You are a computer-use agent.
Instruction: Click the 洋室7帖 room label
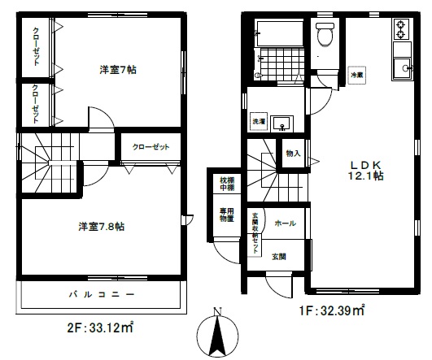tap(119, 70)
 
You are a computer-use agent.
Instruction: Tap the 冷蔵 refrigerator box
tap(356, 73)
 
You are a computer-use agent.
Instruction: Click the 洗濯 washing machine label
tap(258, 122)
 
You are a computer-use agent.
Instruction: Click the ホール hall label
tap(285, 223)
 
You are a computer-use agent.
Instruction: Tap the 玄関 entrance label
tap(278, 257)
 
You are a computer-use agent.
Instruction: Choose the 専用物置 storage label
tap(227, 214)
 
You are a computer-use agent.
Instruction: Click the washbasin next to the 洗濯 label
tap(281, 123)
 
